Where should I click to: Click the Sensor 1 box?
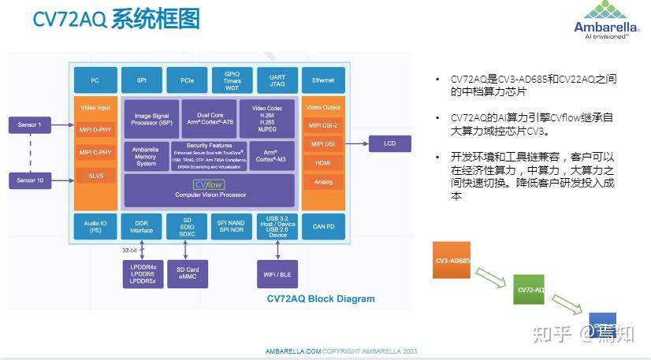click(29, 124)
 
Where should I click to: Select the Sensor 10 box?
click(29, 181)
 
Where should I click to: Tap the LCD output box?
click(389, 143)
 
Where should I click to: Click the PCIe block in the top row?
click(187, 80)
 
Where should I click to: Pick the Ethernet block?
click(322, 80)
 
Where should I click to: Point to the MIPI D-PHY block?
click(95, 129)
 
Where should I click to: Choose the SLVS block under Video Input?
click(95, 175)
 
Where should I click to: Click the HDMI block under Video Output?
click(322, 163)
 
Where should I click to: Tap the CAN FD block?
click(322, 227)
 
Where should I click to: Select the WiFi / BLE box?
click(278, 273)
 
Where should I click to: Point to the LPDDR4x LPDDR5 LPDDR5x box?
click(143, 274)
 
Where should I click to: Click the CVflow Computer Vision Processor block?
click(210, 190)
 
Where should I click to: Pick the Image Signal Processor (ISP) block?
click(153, 118)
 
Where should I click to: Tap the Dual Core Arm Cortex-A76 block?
click(209, 118)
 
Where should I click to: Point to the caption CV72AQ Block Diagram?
click(321, 299)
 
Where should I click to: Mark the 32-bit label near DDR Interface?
click(130, 249)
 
